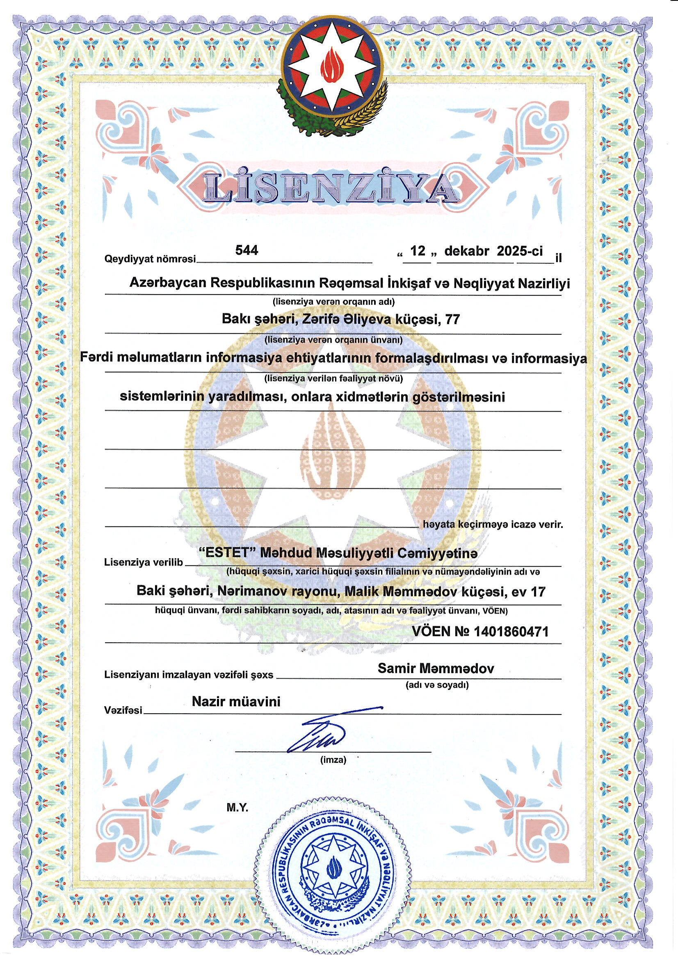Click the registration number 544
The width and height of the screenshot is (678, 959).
(x=247, y=250)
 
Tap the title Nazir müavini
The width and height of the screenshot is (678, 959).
(x=236, y=701)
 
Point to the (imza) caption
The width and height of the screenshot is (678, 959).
(x=333, y=760)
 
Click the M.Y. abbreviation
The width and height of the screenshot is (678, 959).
(x=237, y=808)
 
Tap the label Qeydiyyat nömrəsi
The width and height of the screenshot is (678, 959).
(x=150, y=259)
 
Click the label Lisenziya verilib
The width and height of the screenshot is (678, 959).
(x=143, y=562)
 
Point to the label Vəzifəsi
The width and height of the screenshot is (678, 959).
(x=123, y=710)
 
